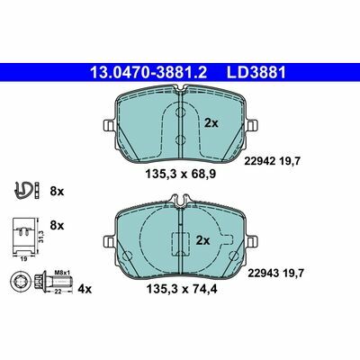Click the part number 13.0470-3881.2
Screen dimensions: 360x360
point(148,73)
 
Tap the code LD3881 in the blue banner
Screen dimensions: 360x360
point(256,73)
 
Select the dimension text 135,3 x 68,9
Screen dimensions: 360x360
point(181,174)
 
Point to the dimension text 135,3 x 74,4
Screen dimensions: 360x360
point(182,290)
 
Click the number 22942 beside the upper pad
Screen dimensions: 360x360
point(260,161)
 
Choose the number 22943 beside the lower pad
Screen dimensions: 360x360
point(263,273)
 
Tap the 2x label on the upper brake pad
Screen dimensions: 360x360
point(211,123)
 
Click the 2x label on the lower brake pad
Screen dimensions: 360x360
point(203,240)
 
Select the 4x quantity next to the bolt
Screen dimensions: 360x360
point(85,289)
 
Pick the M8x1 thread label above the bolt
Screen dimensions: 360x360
point(62,273)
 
